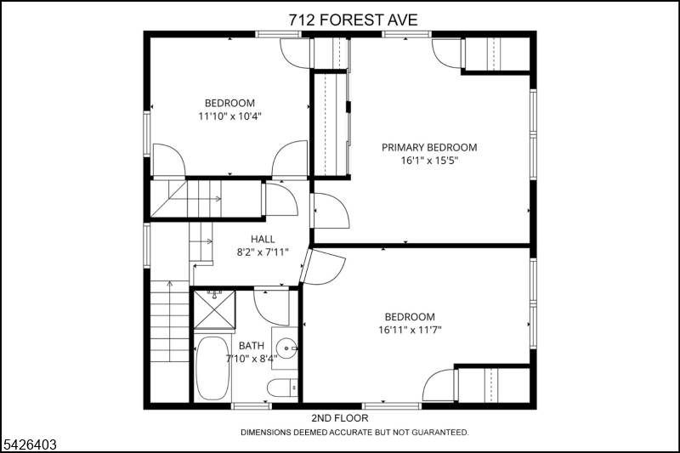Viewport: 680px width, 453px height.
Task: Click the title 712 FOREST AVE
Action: click(x=353, y=20)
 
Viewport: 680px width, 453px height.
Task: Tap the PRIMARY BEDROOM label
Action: click(x=429, y=147)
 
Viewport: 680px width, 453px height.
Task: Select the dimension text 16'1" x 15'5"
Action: click(x=429, y=161)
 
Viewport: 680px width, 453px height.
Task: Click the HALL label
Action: click(x=263, y=240)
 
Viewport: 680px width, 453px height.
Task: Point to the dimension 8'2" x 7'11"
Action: click(x=263, y=252)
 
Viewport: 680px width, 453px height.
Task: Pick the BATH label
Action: click(x=252, y=346)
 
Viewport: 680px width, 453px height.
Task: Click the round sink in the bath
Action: click(x=286, y=348)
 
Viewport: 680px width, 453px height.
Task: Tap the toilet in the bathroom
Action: click(x=282, y=388)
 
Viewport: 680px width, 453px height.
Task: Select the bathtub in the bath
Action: click(x=212, y=369)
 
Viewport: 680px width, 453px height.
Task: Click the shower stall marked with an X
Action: click(x=214, y=310)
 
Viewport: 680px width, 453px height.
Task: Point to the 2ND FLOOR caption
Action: click(x=340, y=418)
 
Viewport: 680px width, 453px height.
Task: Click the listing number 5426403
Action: click(x=30, y=445)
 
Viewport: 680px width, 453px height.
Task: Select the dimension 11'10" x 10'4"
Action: click(x=229, y=116)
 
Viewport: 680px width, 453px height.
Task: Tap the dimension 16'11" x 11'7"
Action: click(x=410, y=330)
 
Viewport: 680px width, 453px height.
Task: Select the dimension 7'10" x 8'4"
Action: click(x=252, y=359)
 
